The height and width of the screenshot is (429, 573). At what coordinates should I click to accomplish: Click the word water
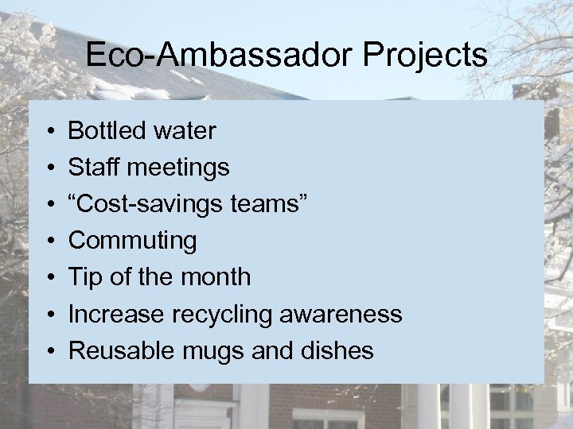click(x=185, y=130)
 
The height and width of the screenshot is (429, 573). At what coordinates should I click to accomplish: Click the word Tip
click(x=85, y=277)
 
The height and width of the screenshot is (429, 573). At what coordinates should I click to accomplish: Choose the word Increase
click(x=116, y=314)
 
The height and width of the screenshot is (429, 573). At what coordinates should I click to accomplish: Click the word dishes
click(x=337, y=350)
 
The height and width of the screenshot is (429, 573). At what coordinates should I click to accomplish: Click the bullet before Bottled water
click(x=49, y=131)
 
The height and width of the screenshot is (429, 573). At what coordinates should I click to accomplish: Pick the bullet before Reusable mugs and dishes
click(x=49, y=351)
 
